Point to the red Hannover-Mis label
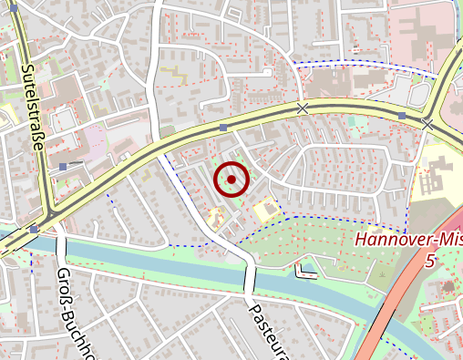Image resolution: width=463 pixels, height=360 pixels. point(407,241)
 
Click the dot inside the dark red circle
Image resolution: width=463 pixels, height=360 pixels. point(231,180)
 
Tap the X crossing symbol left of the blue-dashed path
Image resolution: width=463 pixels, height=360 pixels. point(303,108)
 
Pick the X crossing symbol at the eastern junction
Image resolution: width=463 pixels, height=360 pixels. point(427,123)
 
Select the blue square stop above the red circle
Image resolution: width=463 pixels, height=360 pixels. point(223,129)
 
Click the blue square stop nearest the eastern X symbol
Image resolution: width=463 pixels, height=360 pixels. point(402,116)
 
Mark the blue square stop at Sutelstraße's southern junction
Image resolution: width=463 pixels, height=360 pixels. point(34,229)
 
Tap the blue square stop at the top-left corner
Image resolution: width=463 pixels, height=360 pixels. point(7,5)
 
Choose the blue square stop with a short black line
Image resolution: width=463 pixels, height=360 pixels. point(63,167)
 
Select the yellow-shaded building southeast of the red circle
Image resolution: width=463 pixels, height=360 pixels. point(266,211)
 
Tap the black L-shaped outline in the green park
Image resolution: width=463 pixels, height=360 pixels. point(304,273)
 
